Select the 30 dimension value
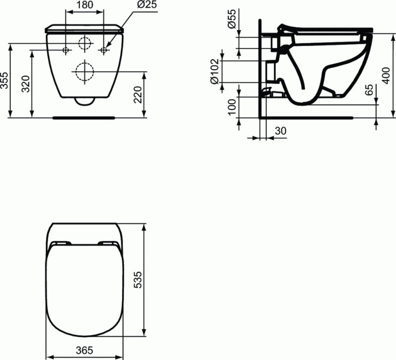click(280, 131)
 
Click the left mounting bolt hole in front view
click(66, 50)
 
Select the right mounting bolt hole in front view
click(103, 50)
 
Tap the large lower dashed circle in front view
click(85, 72)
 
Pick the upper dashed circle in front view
click(85, 44)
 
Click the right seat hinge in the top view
click(107, 244)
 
